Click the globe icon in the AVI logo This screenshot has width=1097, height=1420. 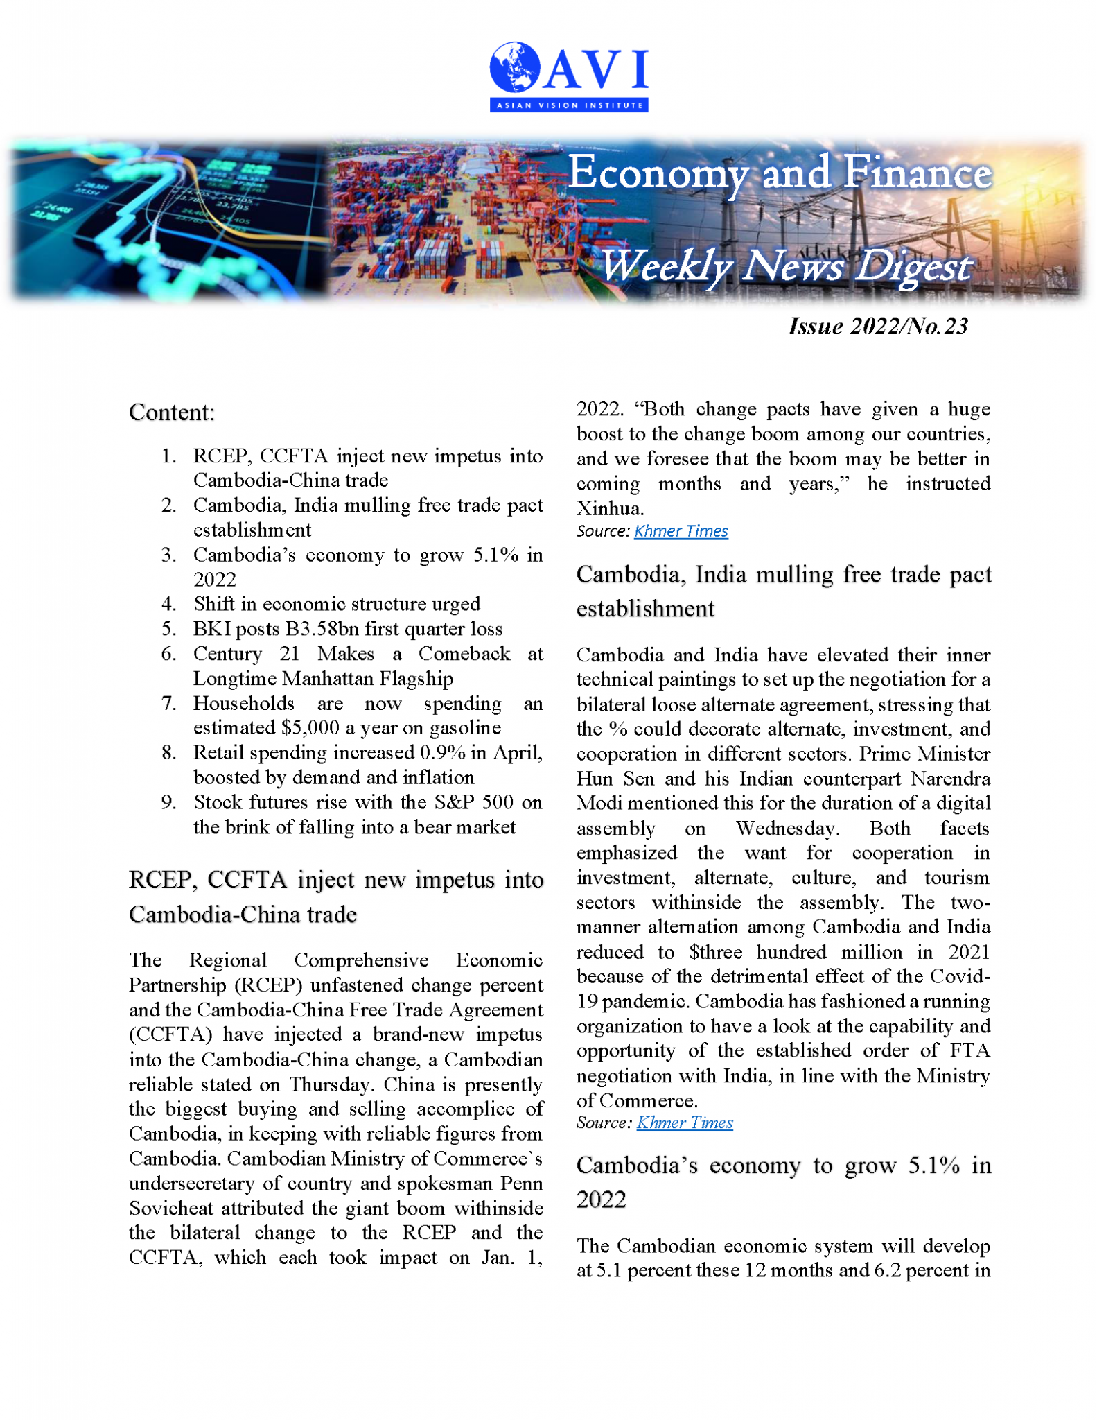click(514, 67)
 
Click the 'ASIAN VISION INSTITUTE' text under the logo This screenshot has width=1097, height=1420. click(569, 105)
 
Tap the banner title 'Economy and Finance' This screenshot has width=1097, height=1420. click(780, 173)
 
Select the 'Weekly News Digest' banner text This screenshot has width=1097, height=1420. click(785, 266)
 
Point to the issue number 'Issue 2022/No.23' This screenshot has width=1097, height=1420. click(877, 326)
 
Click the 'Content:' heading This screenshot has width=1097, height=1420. click(172, 413)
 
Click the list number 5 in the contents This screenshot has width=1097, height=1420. click(168, 629)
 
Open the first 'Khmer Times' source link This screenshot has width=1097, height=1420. click(681, 531)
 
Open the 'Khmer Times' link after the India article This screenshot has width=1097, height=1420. click(684, 1123)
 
